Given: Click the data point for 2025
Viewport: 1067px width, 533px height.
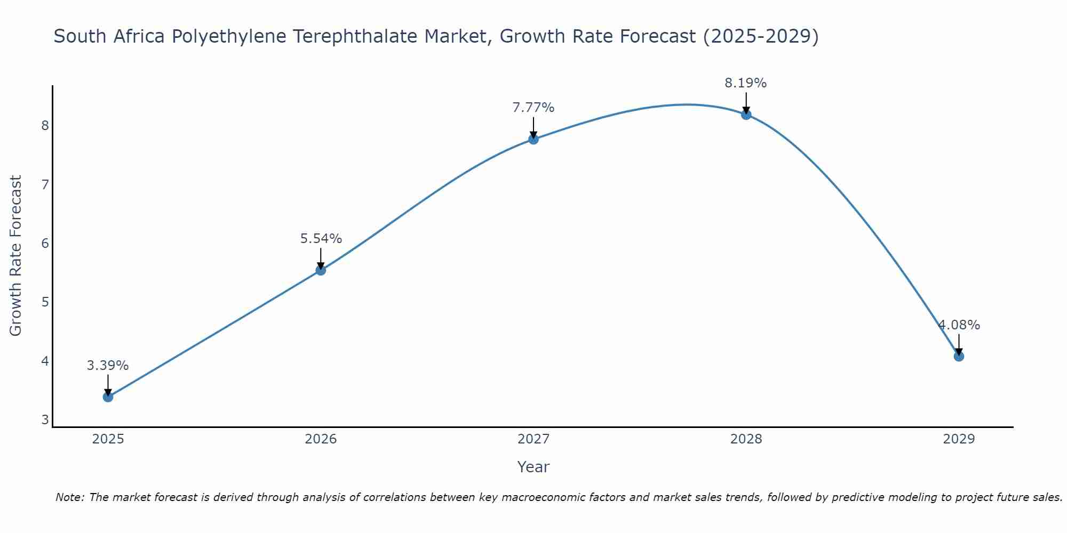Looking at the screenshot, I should pyautogui.click(x=108, y=397).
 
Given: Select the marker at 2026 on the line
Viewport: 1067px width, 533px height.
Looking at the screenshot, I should pyautogui.click(x=321, y=270).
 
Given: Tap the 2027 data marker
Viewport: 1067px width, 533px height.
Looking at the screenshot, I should pyautogui.click(x=533, y=139).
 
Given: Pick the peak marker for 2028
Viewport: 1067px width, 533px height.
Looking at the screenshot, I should pyautogui.click(x=746, y=115).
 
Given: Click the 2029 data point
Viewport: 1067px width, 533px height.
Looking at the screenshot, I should pyautogui.click(x=959, y=356).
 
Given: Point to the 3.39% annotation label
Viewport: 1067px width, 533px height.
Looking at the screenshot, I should pyautogui.click(x=108, y=366).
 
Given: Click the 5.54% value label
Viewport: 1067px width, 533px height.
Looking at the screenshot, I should pyautogui.click(x=321, y=239).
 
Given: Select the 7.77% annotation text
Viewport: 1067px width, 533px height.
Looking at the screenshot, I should pyautogui.click(x=533, y=108).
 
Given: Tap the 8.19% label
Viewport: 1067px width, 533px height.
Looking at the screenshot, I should pyautogui.click(x=745, y=83).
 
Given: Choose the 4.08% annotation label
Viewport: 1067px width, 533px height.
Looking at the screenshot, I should pyautogui.click(x=959, y=325).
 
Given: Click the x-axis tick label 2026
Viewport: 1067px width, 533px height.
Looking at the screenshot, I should pyautogui.click(x=321, y=439).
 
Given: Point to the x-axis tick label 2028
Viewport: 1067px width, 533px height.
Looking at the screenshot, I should pyautogui.click(x=746, y=439).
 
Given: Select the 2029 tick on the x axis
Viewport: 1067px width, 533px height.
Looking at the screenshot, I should pyautogui.click(x=959, y=439).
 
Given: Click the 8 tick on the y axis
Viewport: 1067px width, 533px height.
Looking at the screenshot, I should pyautogui.click(x=45, y=126).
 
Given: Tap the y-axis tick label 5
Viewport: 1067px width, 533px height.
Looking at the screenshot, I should pyautogui.click(x=45, y=302).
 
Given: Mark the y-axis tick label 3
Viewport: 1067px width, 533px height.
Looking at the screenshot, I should pyautogui.click(x=45, y=420).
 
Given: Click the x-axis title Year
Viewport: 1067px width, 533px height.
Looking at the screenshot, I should pyautogui.click(x=533, y=467).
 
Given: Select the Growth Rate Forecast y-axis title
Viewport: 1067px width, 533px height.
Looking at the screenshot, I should pyautogui.click(x=16, y=256).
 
